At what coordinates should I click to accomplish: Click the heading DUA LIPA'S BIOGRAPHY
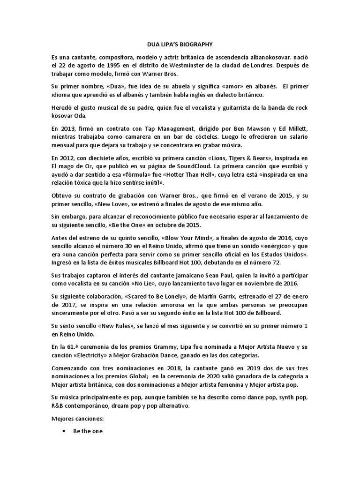(180, 45)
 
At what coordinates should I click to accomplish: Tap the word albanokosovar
(266, 57)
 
